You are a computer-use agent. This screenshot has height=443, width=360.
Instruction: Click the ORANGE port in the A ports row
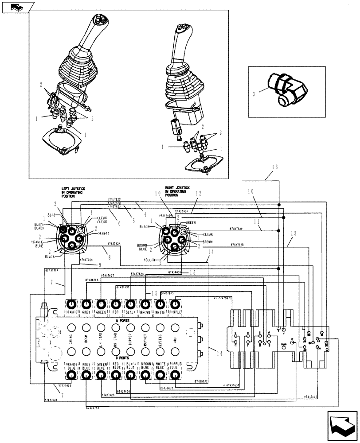[72, 305]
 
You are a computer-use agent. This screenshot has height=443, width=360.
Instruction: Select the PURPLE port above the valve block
[175, 304]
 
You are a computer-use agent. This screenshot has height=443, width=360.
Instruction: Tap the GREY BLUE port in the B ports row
[86, 375]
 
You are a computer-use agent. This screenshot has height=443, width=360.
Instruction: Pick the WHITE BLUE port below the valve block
[160, 375]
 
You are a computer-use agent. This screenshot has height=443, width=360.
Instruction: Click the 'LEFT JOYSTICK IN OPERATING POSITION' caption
[73, 192]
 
